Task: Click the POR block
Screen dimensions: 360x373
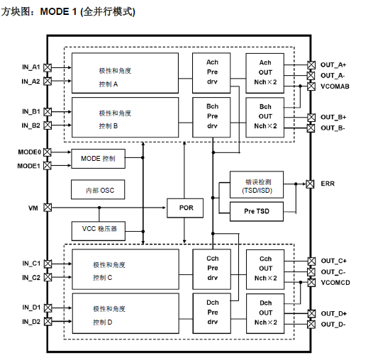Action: tap(184, 208)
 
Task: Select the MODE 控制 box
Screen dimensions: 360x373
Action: tap(98, 159)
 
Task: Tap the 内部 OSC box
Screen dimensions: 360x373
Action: tap(98, 191)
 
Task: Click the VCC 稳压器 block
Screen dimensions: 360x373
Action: tap(98, 230)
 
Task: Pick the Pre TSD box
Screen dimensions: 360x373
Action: tap(256, 210)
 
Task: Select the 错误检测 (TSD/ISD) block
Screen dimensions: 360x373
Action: tap(256, 185)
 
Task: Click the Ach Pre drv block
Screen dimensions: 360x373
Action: tap(212, 72)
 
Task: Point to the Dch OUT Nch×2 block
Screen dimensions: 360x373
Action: tap(265, 313)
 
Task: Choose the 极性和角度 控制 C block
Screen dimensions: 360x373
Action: tap(124, 269)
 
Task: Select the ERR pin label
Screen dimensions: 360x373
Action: tap(328, 184)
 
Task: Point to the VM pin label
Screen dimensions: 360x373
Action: tap(33, 208)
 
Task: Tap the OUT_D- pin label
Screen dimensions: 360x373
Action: tap(333, 324)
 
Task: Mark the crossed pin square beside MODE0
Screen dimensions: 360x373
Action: tap(48, 152)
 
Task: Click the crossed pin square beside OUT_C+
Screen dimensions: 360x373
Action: tap(311, 261)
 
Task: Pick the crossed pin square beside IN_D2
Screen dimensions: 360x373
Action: tap(48, 322)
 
